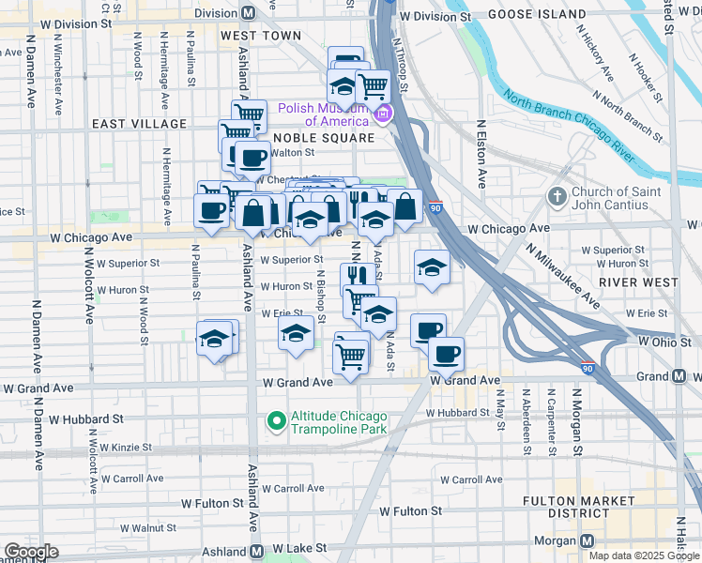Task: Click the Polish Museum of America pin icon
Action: [x=382, y=115]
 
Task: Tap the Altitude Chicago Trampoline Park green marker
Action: [x=277, y=422]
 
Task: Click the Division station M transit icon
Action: [x=249, y=13]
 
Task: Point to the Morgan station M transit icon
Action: [x=588, y=541]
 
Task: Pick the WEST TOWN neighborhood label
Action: [x=261, y=36]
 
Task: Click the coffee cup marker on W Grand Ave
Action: [x=446, y=354]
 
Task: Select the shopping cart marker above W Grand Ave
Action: [x=350, y=354]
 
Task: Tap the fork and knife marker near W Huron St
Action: [x=357, y=275]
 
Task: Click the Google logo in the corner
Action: [x=31, y=552]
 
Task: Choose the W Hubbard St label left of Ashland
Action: [x=86, y=418]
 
